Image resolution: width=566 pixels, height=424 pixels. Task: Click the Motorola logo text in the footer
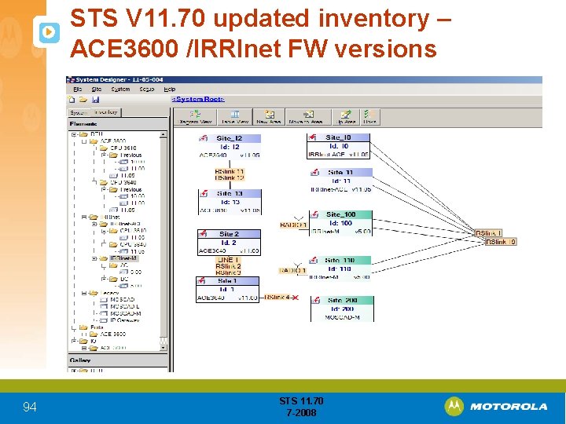pyautogui.click(x=509, y=406)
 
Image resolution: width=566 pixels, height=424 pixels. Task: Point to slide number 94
pyautogui.click(x=30, y=407)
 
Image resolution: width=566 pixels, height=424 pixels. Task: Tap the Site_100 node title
pyautogui.click(x=340, y=214)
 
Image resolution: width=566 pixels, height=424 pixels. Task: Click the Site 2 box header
pyautogui.click(x=229, y=234)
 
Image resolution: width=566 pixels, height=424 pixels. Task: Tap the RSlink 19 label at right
pyautogui.click(x=501, y=242)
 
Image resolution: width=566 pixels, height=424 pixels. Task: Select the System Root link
pyautogui.click(x=199, y=99)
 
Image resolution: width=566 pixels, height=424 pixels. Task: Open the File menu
pyautogui.click(x=77, y=89)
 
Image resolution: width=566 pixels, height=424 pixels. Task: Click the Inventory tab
pyautogui.click(x=106, y=112)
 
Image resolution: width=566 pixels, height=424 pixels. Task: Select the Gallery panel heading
pyautogui.click(x=80, y=360)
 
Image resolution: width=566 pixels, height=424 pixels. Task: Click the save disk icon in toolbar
pyautogui.click(x=95, y=100)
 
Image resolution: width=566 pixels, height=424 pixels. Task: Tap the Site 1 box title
pyautogui.click(x=227, y=280)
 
